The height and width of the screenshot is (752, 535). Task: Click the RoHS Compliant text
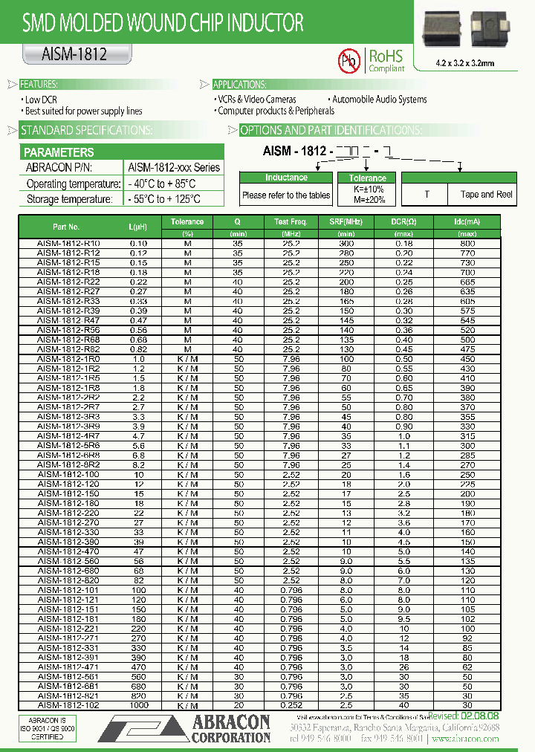tap(386, 60)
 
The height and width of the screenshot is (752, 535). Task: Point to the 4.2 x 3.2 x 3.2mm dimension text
tap(464, 64)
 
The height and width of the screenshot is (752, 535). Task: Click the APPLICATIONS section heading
tap(239, 84)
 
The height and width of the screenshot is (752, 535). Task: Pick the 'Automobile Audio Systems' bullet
tap(379, 99)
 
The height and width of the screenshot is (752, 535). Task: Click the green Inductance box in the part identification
tap(286, 178)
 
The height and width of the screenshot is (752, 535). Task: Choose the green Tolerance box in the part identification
tap(368, 178)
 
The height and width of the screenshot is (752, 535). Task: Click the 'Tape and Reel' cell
tap(487, 195)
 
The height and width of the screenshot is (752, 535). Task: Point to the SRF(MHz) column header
tap(346, 222)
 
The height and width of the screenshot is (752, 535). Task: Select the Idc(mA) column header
tap(467, 222)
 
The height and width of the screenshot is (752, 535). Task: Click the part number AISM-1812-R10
tap(69, 243)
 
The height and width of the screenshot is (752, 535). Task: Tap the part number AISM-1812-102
tap(69, 705)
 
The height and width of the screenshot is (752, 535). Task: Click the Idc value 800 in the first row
tap(467, 243)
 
